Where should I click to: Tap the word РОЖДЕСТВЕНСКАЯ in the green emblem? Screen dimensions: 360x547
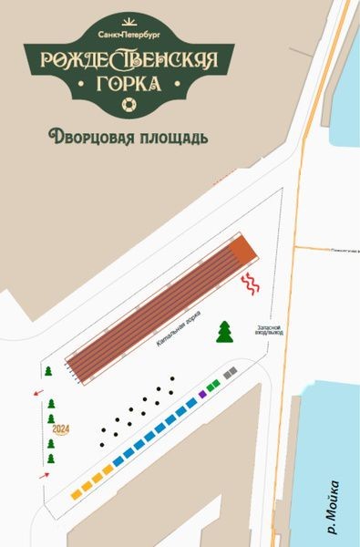click(129, 60)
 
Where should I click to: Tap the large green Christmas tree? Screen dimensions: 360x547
click(224, 332)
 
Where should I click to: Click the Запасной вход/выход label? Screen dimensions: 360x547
click(272, 330)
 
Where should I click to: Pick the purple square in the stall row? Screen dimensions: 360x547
click(202, 394)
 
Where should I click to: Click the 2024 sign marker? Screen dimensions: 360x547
click(61, 428)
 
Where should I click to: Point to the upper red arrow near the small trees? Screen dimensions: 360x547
click(37, 393)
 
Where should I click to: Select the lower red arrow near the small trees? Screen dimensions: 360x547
click(43, 476)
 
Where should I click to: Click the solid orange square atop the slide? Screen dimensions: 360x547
click(242, 248)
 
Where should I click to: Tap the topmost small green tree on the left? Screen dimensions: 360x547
click(48, 371)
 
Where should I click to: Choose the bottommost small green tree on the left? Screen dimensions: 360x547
click(51, 459)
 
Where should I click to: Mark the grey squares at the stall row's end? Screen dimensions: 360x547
click(231, 373)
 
